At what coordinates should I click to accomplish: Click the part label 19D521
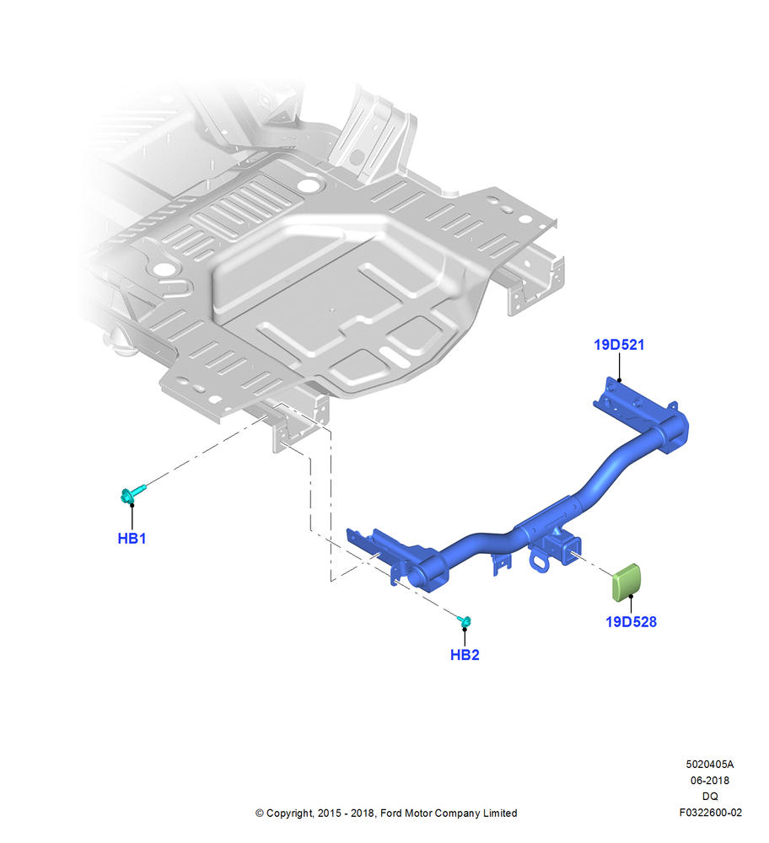click(618, 345)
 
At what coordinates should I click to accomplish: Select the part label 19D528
click(631, 621)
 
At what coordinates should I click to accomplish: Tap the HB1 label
click(132, 538)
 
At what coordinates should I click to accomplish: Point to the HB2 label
click(465, 655)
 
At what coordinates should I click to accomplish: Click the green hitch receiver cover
click(626, 582)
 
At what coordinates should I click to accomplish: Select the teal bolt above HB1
click(133, 493)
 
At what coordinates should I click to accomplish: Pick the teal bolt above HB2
click(465, 621)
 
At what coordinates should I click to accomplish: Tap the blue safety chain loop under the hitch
click(539, 561)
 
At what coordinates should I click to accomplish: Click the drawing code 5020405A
click(709, 764)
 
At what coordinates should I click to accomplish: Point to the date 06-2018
click(710, 780)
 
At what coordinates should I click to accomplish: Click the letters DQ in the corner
click(710, 796)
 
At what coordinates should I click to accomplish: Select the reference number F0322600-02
click(710, 813)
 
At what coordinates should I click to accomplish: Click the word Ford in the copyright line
click(391, 813)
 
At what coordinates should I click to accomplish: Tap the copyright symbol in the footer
click(259, 813)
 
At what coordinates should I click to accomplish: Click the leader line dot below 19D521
click(619, 381)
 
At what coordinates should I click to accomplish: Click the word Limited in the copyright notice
click(500, 813)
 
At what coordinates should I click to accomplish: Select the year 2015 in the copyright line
click(328, 813)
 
